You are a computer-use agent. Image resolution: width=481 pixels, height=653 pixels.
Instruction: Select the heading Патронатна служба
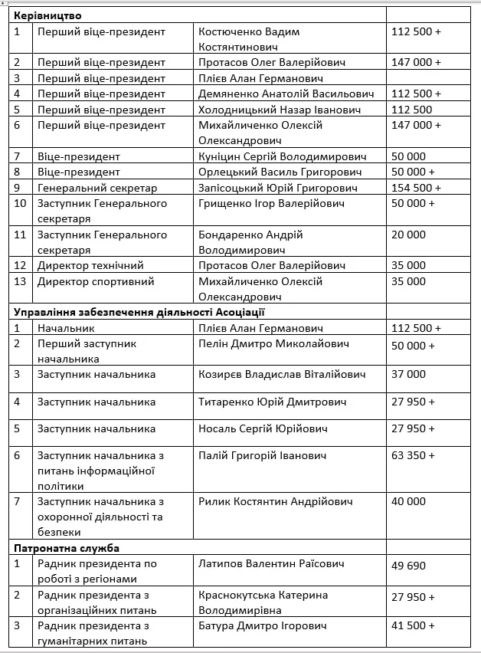coord(67,548)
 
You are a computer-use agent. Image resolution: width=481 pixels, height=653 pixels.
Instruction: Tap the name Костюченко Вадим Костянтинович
coord(249,39)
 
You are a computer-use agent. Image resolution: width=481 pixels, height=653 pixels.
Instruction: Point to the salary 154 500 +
coord(416,188)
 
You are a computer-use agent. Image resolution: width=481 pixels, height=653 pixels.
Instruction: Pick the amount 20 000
coord(408,235)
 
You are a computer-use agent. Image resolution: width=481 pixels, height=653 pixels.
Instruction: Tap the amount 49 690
coord(408,564)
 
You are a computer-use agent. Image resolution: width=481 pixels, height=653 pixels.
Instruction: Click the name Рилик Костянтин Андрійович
coord(276,501)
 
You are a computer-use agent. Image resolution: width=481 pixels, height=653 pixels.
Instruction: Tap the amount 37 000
coord(408,374)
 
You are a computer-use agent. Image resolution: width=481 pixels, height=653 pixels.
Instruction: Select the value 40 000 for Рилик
coord(408,501)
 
